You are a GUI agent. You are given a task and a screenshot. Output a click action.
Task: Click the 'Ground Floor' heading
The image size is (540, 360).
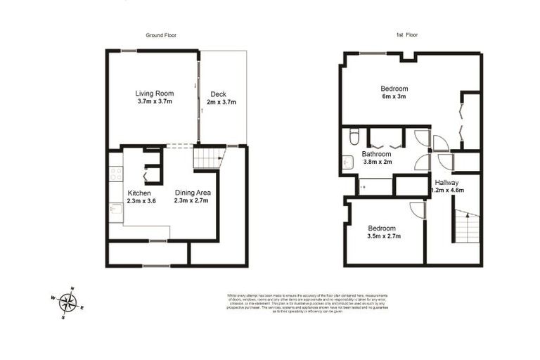[x=160, y=34]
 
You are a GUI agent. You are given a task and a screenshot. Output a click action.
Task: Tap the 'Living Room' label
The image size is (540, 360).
[x=154, y=93]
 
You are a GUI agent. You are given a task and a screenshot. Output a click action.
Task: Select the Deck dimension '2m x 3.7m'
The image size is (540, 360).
[x=221, y=102]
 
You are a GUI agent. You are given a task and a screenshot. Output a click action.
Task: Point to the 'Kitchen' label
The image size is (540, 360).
[x=139, y=193]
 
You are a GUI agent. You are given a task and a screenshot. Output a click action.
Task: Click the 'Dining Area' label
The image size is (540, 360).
[x=192, y=193]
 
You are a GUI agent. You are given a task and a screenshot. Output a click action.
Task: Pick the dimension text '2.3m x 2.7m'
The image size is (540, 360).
[x=192, y=201]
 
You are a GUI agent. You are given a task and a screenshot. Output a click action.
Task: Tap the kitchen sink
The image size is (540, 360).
[x=115, y=209]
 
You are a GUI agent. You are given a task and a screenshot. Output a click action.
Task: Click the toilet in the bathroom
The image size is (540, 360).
[x=354, y=136]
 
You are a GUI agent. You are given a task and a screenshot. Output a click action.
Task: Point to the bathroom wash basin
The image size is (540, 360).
[x=348, y=162]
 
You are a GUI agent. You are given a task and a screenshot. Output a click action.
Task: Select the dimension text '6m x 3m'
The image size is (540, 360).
[x=394, y=97]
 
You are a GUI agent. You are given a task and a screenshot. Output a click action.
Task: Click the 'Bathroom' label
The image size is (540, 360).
[x=376, y=153]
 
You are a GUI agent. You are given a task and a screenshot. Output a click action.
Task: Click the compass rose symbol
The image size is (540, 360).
[x=67, y=302]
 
